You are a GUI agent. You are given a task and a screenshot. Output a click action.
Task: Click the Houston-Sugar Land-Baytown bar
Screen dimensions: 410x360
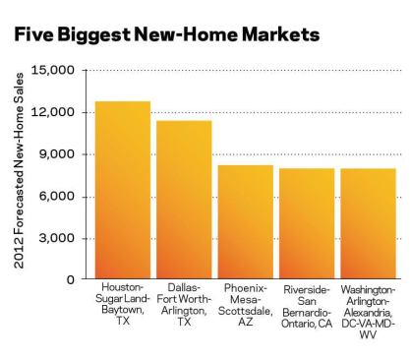tap(123, 190)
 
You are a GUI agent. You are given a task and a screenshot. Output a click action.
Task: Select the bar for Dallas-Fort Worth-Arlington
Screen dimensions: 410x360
tap(184, 200)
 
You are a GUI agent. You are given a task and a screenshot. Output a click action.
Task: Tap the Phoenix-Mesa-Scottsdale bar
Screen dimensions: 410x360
tap(246, 222)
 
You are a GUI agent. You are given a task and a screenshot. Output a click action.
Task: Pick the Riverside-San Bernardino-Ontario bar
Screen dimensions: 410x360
tap(307, 223)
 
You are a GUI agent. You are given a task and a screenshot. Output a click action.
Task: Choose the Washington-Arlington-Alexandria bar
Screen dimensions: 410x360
tap(368, 223)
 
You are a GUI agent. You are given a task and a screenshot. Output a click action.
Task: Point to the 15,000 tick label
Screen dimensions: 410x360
tap(53, 70)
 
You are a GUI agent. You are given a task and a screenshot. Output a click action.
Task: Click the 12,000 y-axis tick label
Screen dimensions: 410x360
tap(53, 112)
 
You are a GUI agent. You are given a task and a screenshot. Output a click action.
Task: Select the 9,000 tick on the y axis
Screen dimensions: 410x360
tap(57, 154)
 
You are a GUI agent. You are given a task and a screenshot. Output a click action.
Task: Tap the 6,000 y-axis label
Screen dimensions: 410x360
tap(57, 196)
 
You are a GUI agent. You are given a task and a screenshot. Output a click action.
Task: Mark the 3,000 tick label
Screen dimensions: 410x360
tap(57, 238)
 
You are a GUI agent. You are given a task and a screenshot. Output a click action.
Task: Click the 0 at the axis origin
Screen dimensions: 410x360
tap(71, 279)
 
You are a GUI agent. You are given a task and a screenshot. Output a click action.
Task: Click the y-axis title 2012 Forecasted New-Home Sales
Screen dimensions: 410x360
tap(20, 170)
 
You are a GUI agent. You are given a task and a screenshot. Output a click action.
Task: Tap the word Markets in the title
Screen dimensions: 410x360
tap(280, 34)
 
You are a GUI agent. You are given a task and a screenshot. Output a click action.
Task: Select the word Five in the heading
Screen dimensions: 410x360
tap(33, 34)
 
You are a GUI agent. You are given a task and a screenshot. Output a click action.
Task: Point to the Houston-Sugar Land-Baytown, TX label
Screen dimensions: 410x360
tap(123, 304)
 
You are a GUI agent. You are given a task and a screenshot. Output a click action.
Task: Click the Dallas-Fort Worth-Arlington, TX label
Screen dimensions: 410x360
tap(184, 304)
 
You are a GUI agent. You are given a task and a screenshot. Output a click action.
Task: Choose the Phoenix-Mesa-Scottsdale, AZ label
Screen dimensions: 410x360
tap(246, 305)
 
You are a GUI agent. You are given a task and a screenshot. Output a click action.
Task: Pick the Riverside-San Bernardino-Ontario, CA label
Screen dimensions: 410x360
tap(307, 307)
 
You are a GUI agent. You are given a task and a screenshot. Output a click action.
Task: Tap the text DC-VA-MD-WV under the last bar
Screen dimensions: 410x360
tap(368, 329)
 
